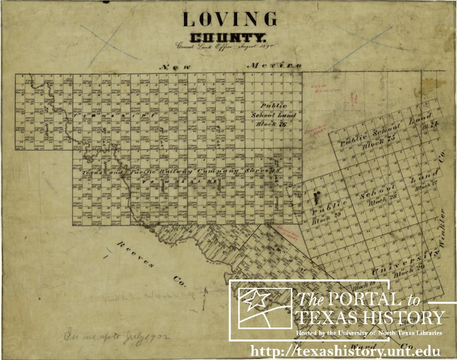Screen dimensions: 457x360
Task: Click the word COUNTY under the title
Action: (x=228, y=38)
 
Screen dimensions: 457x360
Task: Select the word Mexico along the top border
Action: (x=274, y=66)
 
